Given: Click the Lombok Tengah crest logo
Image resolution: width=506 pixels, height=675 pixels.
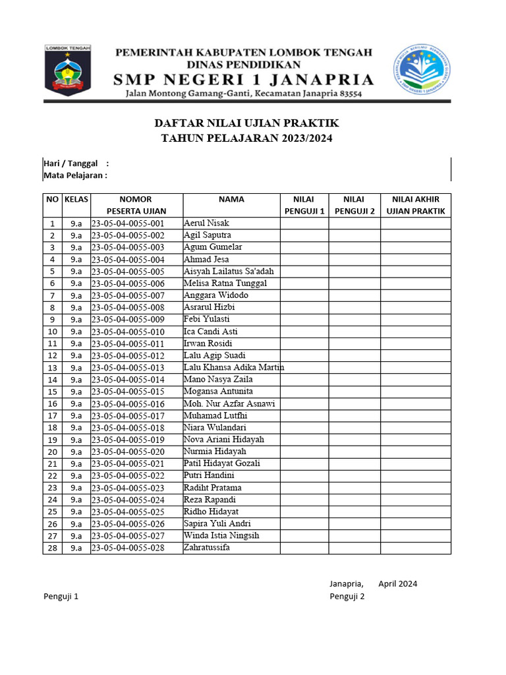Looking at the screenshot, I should point(68,71).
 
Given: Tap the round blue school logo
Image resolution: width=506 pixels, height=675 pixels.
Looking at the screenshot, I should point(423,70).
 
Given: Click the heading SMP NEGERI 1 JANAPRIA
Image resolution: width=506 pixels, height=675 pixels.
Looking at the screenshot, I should point(243,80).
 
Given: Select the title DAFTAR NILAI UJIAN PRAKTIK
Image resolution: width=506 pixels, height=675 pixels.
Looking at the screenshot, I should point(246,123).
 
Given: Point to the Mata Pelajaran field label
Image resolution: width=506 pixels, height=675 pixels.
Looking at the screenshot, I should point(74,175).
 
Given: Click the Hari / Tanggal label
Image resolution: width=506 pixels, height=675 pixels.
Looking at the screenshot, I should point(70,163).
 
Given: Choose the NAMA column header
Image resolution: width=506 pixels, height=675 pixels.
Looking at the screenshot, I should point(231,199).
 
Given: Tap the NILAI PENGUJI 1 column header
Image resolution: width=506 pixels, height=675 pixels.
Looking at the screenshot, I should point(304,205).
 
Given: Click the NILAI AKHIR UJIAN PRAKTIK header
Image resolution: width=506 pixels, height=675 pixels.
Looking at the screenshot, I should point(416,205).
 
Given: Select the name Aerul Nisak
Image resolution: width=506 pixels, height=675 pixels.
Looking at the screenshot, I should point(207,223).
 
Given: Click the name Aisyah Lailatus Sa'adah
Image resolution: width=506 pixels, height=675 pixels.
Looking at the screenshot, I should point(229,272).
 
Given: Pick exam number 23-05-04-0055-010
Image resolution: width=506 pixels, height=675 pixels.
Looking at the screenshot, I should point(128,332).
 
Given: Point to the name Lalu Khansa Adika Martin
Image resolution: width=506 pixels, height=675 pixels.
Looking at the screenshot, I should point(234,367).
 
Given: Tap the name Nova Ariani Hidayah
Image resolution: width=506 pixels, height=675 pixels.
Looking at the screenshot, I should point(224,440).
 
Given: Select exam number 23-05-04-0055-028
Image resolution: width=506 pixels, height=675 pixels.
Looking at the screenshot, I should point(128,548).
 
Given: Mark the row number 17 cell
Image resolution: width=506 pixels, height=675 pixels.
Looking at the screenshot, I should point(52,416).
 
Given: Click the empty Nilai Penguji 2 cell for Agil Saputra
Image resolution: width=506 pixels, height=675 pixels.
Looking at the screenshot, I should point(354,235).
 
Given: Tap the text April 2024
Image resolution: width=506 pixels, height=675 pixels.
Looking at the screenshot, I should point(398,583).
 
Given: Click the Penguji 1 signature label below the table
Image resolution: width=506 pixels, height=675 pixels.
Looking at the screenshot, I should point(61,597).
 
